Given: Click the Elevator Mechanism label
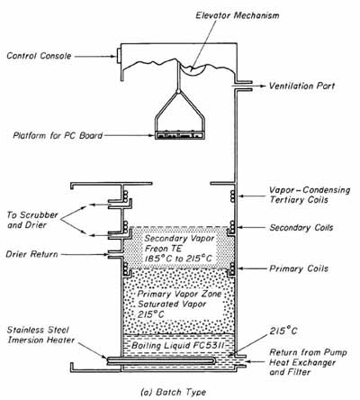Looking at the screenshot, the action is [238, 15].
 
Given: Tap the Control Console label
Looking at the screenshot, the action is [39, 56].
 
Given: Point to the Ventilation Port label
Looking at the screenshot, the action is [301, 86].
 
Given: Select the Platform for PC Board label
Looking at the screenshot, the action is [58, 135].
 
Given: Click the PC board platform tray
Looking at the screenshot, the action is [180, 135].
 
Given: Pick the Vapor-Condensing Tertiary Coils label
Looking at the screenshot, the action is [310, 195].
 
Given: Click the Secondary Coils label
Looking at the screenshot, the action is [301, 227].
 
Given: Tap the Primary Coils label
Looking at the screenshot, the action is [299, 268].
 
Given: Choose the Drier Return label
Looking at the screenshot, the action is [31, 254].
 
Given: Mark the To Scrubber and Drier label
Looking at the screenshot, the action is [32, 220].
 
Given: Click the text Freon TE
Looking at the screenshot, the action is [164, 249].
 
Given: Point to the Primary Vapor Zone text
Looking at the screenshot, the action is [179, 294].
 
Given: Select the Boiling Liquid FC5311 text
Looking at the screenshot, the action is [178, 346].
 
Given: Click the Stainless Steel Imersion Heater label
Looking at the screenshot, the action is [40, 335].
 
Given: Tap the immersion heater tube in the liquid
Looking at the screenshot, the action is [161, 360].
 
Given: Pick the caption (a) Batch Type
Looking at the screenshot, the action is [174, 392].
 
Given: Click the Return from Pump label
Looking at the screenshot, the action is [308, 352].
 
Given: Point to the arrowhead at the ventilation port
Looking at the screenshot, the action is [264, 86].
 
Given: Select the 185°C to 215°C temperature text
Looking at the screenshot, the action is [178, 259].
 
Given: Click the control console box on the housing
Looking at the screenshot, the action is [119, 56].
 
